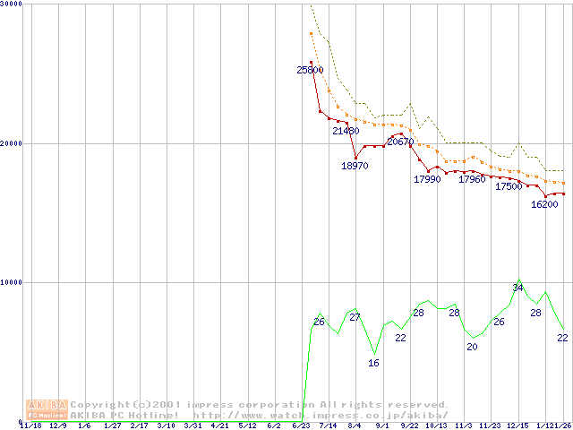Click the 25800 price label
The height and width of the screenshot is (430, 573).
(x=310, y=70)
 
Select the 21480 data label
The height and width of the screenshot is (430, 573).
(x=346, y=132)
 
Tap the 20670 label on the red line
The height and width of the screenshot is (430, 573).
(x=400, y=142)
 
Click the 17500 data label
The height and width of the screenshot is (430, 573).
(x=509, y=186)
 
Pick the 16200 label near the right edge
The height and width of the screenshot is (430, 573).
(x=544, y=204)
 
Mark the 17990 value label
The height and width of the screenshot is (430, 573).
(x=427, y=179)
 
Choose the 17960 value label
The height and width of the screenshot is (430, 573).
(x=472, y=179)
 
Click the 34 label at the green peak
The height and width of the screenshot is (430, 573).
(x=517, y=288)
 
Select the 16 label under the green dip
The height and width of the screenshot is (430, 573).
(x=373, y=363)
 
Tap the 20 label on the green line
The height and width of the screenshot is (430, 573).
(x=472, y=347)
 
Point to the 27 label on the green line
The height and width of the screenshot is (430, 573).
(x=355, y=318)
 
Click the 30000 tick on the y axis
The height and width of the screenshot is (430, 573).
(x=12, y=4)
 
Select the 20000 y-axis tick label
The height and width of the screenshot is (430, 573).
(x=12, y=143)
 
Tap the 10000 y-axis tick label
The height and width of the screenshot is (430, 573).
(x=12, y=282)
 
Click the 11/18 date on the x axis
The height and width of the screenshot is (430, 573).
(x=30, y=426)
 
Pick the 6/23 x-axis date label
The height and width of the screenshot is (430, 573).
(x=302, y=426)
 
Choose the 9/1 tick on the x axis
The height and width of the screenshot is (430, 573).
(x=382, y=426)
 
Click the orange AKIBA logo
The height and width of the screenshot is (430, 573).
(x=47, y=409)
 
